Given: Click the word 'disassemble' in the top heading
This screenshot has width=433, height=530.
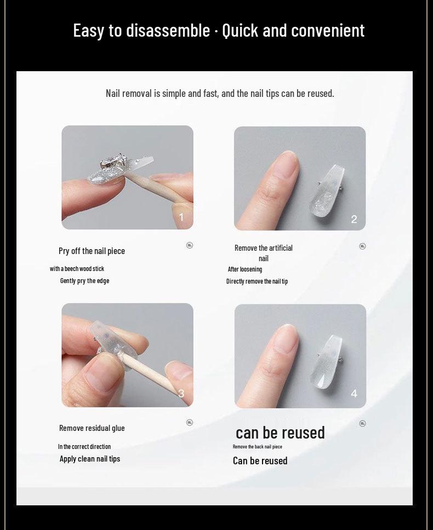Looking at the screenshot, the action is tap(168, 31).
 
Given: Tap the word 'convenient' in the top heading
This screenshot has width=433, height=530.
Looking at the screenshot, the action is tap(328, 31).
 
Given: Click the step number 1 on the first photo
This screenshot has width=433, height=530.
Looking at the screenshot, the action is tap(181, 217).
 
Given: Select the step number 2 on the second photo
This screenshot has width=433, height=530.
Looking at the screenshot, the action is tap(354, 220).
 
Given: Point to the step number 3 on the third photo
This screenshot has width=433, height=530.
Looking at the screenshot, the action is tap(181, 393).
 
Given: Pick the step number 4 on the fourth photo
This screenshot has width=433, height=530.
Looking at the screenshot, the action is tap(354, 394).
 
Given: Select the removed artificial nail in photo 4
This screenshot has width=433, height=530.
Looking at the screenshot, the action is tap(327, 362).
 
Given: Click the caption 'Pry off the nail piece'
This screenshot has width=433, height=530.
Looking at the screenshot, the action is tap(92, 251).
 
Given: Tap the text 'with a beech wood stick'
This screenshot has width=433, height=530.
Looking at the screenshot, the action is tap(77, 269).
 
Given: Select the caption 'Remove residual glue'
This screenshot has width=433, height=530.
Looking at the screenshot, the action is tap(92, 428).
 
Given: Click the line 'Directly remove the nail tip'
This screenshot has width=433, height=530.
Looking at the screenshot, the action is tap(257, 281).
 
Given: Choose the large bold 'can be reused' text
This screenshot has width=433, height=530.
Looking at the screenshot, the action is tap(280, 433).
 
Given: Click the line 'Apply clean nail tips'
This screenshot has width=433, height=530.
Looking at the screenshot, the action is tap(90, 459).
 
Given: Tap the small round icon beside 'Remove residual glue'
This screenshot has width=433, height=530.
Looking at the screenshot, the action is tap(190, 423).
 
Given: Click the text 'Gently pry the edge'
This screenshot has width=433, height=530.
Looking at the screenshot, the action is tap(84, 281).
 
